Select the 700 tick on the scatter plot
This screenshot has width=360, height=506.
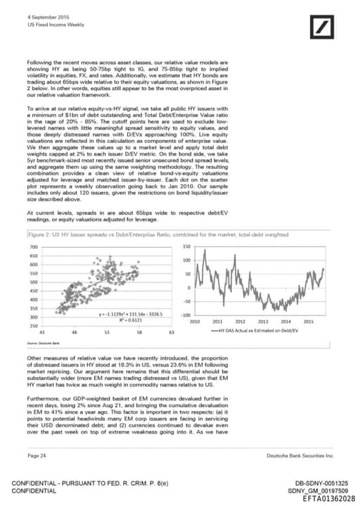[33, 247]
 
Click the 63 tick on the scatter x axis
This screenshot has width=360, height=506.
[171, 331]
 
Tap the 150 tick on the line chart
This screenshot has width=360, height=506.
[186, 246]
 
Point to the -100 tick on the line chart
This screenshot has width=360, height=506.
[185, 315]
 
